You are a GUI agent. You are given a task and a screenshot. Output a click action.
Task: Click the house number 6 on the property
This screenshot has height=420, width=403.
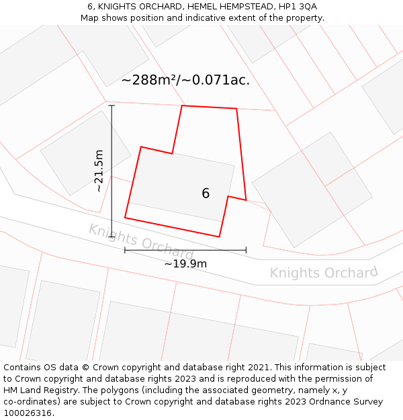click(206, 194)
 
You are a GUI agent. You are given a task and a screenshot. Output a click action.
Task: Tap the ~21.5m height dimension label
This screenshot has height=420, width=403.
click(99, 171)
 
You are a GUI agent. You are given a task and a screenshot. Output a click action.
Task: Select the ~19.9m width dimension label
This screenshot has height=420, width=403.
click(185, 263)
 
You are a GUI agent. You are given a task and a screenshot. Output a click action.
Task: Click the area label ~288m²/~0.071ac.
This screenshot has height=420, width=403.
click(185, 80)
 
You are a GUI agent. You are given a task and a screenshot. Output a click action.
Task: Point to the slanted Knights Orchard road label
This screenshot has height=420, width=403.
click(141, 242)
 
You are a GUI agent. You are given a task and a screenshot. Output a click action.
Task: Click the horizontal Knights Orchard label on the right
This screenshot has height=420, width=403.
click(324, 272)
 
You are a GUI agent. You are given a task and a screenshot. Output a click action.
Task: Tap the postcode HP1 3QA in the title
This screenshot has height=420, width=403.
click(296, 7)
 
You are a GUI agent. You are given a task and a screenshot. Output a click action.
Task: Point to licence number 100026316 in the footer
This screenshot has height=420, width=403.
click(27, 413)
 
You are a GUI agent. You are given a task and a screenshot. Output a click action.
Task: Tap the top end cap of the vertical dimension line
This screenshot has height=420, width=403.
click(111, 106)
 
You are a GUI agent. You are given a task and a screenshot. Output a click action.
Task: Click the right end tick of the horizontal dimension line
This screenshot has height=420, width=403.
click(246, 250)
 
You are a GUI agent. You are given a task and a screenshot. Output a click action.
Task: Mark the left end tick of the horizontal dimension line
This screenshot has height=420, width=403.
click(125, 250)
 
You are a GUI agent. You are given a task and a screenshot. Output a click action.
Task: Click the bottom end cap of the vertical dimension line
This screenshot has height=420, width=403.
click(111, 237)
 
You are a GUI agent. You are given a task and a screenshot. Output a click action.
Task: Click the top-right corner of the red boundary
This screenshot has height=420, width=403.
click(236, 108)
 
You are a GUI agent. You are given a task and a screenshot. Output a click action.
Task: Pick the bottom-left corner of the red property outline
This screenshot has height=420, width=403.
click(125, 218)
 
